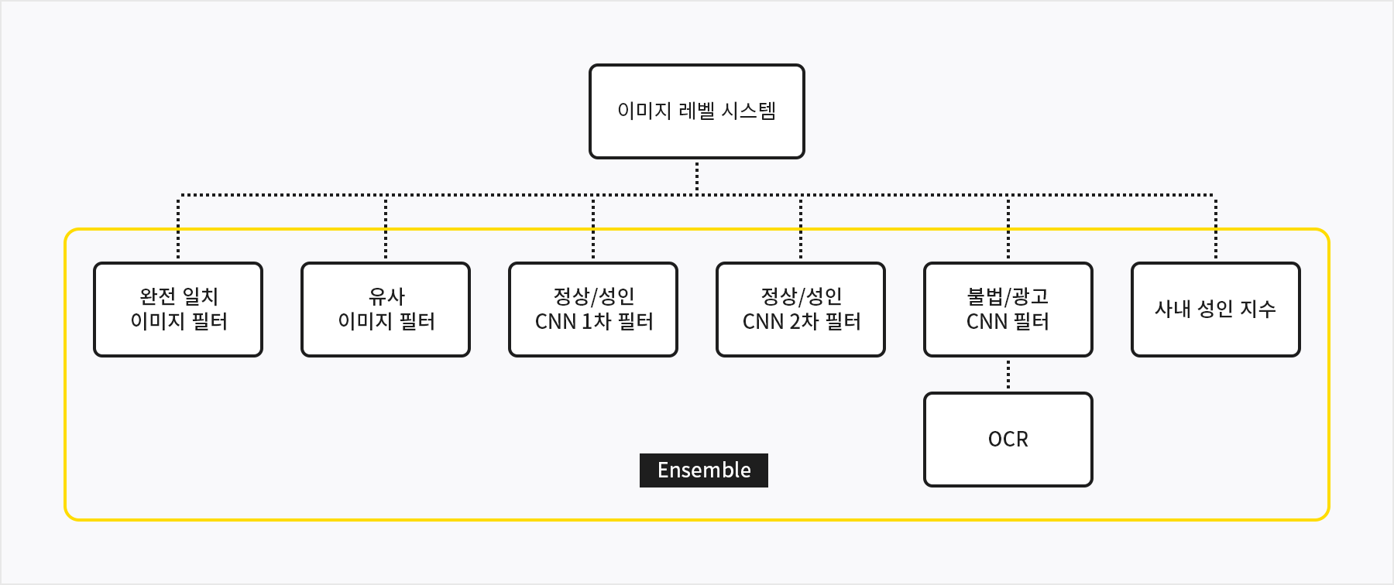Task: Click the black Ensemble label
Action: click(704, 470)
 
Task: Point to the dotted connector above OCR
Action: click(1008, 375)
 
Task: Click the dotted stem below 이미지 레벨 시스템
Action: click(697, 177)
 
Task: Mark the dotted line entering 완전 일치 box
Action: click(178, 228)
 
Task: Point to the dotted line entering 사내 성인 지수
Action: click(1216, 228)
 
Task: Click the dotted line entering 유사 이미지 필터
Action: click(386, 228)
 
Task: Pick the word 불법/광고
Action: click(1008, 296)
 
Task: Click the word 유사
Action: click(386, 296)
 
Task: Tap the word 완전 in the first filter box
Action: click(158, 296)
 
